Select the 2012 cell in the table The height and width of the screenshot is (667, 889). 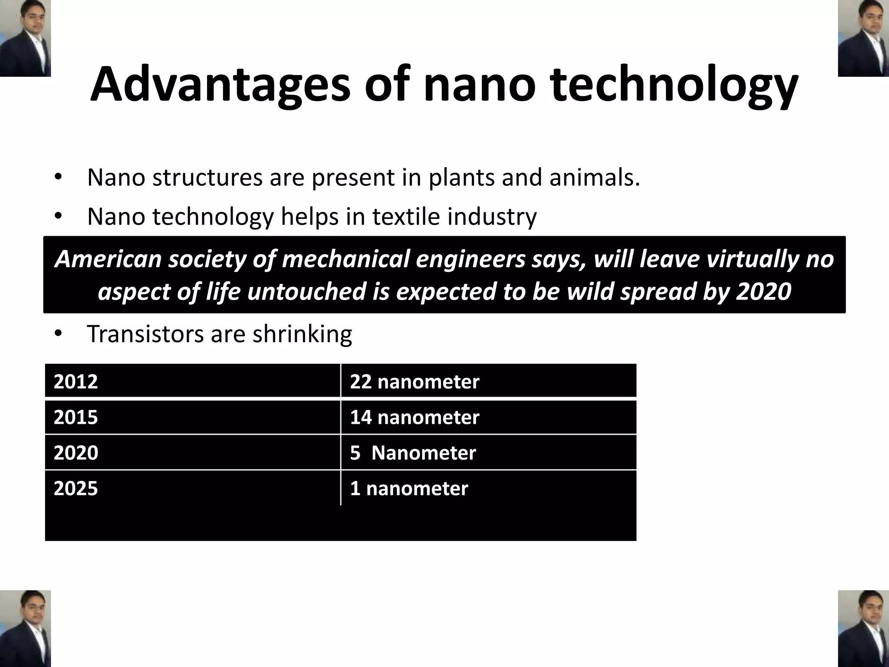[x=76, y=382]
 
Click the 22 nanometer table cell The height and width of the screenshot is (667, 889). [x=415, y=382]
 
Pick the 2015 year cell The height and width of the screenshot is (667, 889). [x=76, y=417]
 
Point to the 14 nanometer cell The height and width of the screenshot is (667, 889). [x=415, y=417]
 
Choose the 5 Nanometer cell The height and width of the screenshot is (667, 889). [x=413, y=453]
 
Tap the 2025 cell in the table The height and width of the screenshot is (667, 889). [x=76, y=489]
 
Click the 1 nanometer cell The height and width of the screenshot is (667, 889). [x=409, y=489]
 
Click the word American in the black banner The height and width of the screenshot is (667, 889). [x=109, y=259]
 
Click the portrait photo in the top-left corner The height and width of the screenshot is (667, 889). [x=25, y=38]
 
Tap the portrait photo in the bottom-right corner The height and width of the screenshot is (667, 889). [x=863, y=628]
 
